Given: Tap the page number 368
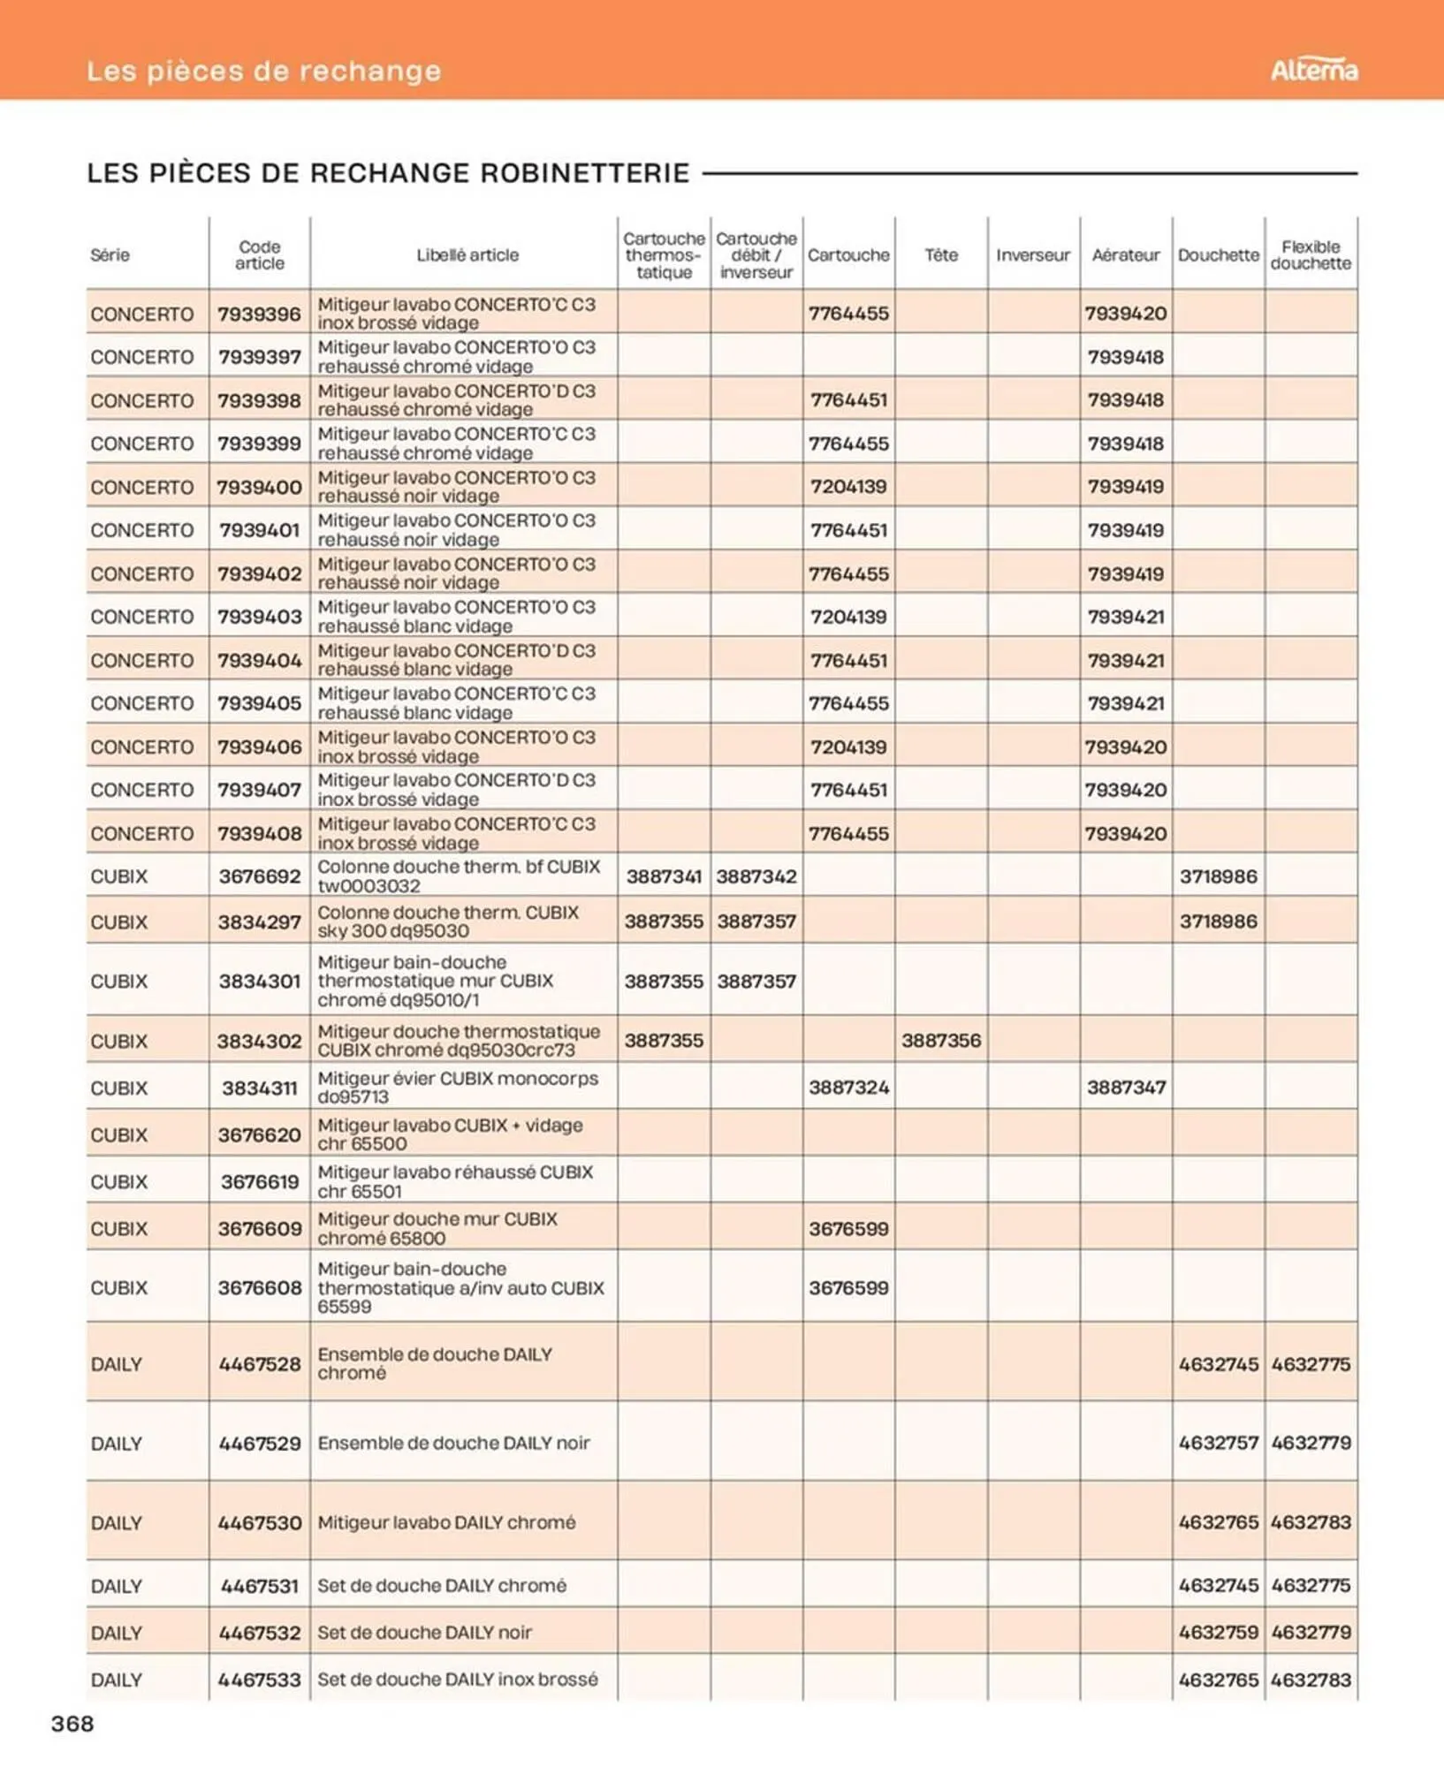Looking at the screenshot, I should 72,1723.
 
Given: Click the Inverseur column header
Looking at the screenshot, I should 1032,254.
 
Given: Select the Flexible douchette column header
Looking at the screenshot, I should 1311,254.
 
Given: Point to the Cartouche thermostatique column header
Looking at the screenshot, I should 664,254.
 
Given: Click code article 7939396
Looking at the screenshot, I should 259,314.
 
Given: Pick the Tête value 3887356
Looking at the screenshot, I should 940,1040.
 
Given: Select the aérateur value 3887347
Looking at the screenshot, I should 1125,1087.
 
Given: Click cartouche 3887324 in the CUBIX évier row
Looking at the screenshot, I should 848,1087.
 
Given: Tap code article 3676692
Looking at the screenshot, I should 259,876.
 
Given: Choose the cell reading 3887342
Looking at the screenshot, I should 756,876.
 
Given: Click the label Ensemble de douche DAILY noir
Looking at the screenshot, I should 453,1442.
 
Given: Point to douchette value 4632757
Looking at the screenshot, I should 1218,1442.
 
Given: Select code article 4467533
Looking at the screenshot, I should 259,1679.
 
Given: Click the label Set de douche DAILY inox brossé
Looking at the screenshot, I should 457,1679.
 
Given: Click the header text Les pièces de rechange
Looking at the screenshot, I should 263,71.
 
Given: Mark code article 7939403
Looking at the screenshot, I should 259,617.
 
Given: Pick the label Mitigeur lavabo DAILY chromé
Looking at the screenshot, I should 446,1521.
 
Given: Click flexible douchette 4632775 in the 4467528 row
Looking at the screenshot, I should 1311,1363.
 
